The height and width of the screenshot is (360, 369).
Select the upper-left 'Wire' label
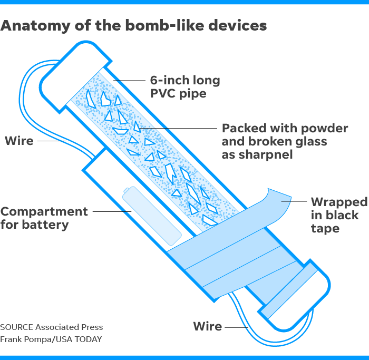coord(19,141)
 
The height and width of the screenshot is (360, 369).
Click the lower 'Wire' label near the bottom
coord(208,326)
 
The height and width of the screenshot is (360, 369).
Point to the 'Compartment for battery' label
coord(44,218)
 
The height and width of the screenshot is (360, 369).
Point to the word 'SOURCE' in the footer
coord(17,327)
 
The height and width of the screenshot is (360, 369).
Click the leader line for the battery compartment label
coord(112,211)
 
